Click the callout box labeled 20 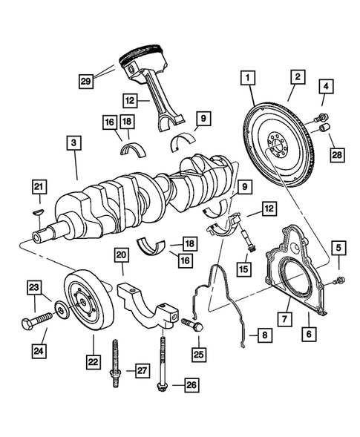coord(121,257)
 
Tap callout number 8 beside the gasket coord(263,335)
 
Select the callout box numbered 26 coord(192,384)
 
